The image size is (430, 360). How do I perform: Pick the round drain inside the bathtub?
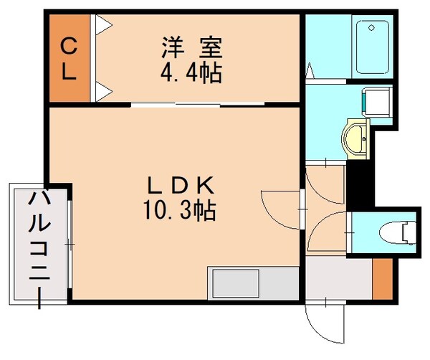371,29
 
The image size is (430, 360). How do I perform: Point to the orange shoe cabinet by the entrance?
381,280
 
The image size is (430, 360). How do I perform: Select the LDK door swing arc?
282,208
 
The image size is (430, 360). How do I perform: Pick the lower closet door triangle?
103,89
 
